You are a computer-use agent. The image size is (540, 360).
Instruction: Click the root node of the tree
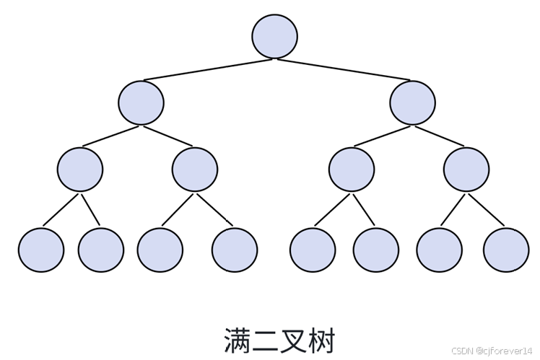(275, 36)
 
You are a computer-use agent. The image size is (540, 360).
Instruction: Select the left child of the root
(141, 102)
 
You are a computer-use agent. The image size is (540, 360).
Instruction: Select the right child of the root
(412, 102)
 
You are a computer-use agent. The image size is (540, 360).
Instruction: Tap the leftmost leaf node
(40, 250)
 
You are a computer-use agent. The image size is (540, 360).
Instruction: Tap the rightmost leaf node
(506, 250)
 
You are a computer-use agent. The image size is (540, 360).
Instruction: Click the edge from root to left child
(209, 69)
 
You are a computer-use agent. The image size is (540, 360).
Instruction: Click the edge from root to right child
(344, 69)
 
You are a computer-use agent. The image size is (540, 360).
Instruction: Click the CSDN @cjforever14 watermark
(492, 351)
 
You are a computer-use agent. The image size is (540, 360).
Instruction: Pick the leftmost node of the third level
(79, 170)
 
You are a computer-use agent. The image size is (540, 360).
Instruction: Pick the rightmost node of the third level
(466, 170)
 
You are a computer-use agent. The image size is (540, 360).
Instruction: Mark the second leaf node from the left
(101, 250)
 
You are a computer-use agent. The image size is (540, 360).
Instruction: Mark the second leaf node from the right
(439, 250)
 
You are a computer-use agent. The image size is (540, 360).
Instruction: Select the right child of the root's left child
(195, 170)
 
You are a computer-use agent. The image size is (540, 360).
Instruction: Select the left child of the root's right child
(352, 170)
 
